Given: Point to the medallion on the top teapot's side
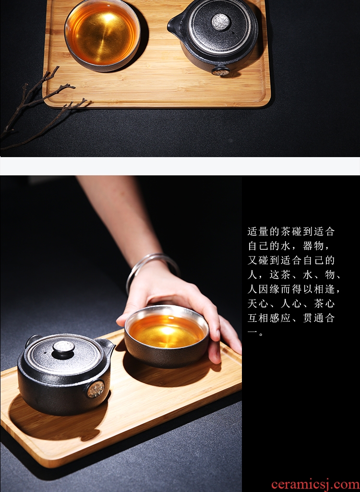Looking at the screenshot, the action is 221,72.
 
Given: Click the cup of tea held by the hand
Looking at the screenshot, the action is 167,335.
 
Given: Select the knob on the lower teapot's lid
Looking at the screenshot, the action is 64,349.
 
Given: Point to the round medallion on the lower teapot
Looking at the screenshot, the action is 96,389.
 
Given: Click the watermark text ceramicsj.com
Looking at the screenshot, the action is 315,484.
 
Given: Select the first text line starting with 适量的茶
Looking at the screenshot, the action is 291,232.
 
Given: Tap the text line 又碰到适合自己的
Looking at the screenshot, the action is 291,260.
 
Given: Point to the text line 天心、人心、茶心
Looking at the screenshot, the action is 291,304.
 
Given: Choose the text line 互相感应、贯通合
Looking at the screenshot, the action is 291,318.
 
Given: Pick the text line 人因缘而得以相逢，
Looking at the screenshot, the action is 293,289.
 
